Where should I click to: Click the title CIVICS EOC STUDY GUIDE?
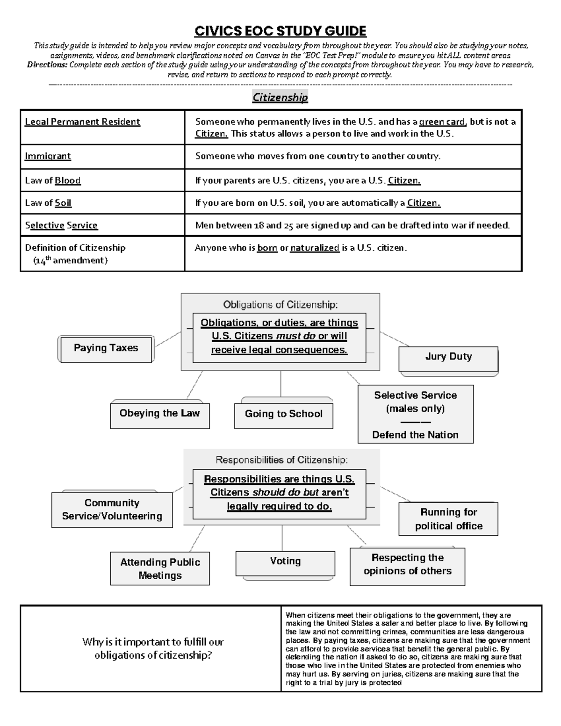280,31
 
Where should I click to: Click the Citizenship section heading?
280,97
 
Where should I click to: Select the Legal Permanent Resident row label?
82,122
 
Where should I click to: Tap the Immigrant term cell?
48,156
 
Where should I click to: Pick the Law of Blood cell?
53,180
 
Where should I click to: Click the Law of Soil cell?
48,203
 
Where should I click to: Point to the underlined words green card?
442,122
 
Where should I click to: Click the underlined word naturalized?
315,248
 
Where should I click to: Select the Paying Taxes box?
106,348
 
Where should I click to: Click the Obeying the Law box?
159,414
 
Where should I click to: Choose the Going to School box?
283,414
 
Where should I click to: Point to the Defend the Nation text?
415,435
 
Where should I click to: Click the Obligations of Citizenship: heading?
280,305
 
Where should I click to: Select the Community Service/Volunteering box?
112,510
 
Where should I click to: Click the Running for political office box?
448,519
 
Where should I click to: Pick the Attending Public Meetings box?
160,568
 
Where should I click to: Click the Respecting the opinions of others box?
407,564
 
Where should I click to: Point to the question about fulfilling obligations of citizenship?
153,648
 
